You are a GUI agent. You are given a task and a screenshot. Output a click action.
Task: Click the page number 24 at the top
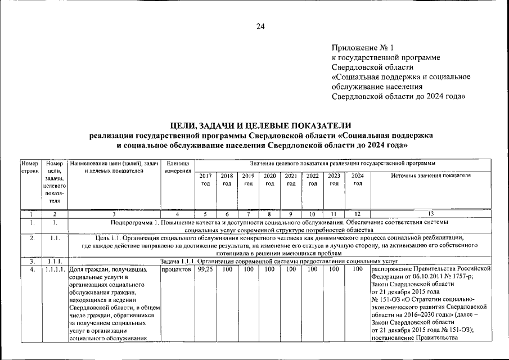[260, 25]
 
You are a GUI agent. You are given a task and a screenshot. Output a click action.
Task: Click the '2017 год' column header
[206, 179]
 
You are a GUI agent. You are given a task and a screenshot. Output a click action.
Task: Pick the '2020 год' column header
[269, 179]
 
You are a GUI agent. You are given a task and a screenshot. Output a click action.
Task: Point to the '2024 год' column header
[357, 179]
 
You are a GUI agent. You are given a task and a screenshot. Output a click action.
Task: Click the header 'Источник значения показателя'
[431, 175]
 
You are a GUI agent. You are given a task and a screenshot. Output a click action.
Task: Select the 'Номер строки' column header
[29, 167]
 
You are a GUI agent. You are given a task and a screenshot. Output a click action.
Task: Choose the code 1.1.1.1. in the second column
[55, 270]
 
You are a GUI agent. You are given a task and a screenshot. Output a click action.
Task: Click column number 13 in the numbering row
[431, 214]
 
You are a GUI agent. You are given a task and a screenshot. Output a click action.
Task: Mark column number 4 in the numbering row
[178, 214]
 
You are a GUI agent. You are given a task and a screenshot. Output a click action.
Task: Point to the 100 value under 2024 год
[357, 270]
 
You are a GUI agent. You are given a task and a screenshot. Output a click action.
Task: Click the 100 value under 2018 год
[227, 270]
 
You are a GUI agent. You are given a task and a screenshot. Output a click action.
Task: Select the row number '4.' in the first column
[32, 270]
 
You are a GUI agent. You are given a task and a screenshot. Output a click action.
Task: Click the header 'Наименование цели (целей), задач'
[114, 163]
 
